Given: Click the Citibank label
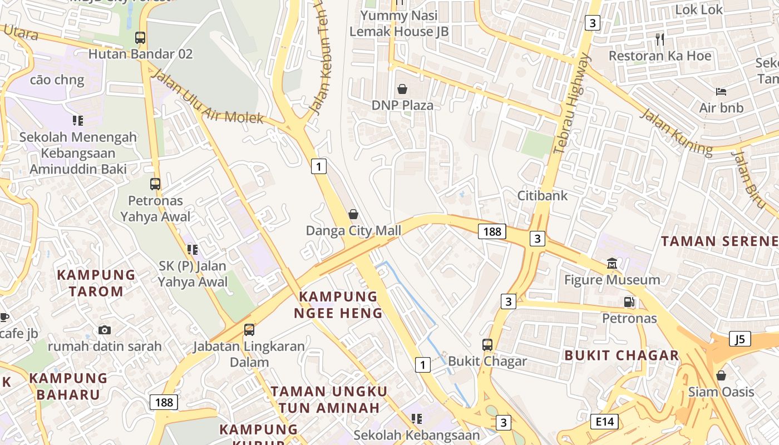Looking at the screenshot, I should tap(543, 196).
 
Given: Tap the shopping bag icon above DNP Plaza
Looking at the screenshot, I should tap(402, 89).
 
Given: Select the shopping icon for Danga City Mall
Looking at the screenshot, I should tap(353, 214).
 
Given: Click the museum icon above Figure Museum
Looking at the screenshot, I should tap(612, 263).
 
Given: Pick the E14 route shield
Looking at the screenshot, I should tap(604, 422).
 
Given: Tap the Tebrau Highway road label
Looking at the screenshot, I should tap(571, 103).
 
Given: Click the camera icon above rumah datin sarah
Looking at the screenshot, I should tap(104, 330).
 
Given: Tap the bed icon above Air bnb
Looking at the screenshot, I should tap(721, 92).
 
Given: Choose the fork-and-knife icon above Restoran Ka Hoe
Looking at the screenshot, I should tap(660, 39).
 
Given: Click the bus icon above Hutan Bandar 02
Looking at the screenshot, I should tap(140, 38).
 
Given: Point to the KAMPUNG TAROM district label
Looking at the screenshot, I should tap(96, 283).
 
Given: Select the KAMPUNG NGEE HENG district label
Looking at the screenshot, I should tap(338, 305).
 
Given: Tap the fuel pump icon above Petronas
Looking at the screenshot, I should tap(629, 302).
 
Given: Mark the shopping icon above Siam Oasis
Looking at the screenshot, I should tap(721, 375).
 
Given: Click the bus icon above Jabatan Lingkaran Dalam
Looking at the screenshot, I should tap(249, 330).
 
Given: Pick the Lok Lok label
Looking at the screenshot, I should tap(699, 9).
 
